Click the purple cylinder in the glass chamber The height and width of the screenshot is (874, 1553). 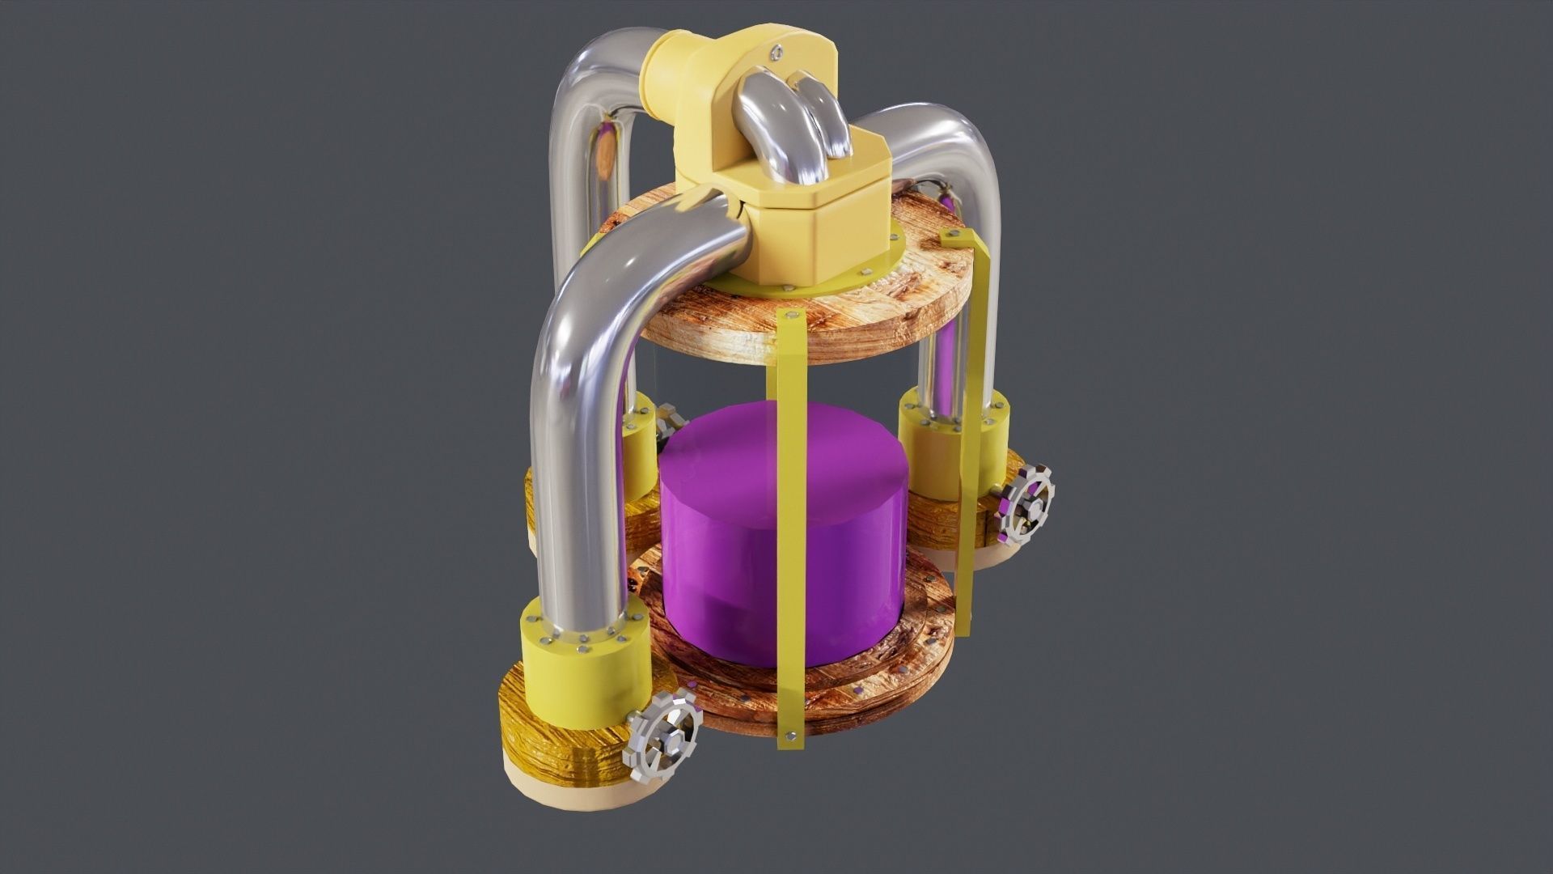(781, 526)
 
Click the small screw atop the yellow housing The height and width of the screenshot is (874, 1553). (777, 52)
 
